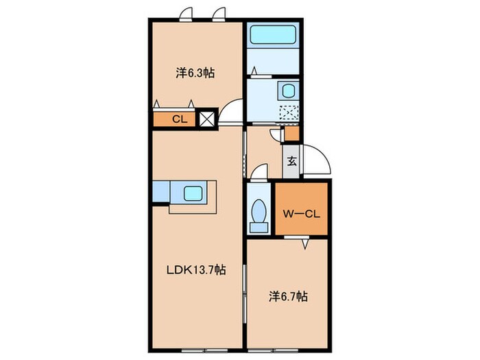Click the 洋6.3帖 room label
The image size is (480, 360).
(x=195, y=73)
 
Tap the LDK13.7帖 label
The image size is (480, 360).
(x=196, y=270)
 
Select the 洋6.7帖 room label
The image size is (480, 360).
(x=288, y=296)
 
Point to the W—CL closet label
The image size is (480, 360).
(x=301, y=214)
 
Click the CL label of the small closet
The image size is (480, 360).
(x=180, y=119)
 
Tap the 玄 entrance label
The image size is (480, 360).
(x=291, y=161)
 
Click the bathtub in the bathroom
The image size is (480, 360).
(x=273, y=35)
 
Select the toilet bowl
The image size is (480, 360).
(x=259, y=211)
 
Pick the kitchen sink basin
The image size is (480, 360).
(x=193, y=193)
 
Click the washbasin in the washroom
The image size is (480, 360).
(x=289, y=91)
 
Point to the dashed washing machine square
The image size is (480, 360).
(x=289, y=112)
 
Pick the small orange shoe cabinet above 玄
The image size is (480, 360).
(x=291, y=134)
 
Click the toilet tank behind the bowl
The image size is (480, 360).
(x=259, y=227)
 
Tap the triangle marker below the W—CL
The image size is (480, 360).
(x=305, y=244)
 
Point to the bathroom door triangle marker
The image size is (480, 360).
(x=254, y=71)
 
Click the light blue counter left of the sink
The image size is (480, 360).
(x=161, y=191)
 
